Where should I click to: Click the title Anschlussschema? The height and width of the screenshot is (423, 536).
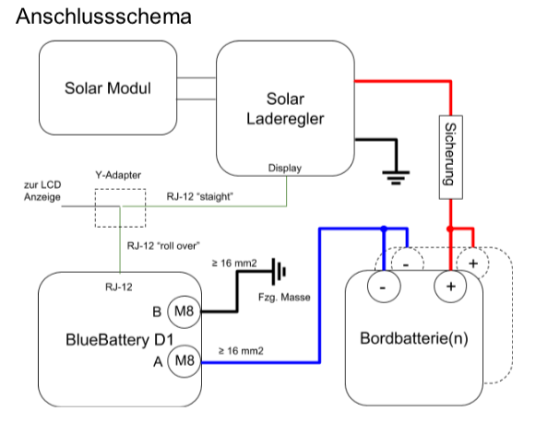click(x=103, y=17)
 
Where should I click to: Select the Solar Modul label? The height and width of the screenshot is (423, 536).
click(x=108, y=88)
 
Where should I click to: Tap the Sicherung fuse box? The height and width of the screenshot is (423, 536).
click(x=450, y=157)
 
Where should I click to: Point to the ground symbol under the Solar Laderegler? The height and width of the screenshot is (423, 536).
click(x=396, y=177)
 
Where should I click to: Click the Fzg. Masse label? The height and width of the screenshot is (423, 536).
click(x=284, y=298)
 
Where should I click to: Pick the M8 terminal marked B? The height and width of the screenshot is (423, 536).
click(x=184, y=311)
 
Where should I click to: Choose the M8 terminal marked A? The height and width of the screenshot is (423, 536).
click(x=184, y=361)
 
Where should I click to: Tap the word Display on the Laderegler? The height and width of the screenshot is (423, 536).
click(x=285, y=168)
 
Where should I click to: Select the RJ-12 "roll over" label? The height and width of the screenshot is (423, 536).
click(x=163, y=246)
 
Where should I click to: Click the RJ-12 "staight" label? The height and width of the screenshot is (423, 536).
click(x=200, y=196)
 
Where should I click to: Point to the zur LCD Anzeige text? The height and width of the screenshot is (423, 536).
click(x=42, y=191)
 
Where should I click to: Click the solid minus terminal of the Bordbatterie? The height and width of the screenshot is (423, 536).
click(x=384, y=286)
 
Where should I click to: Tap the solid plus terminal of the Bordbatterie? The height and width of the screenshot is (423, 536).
click(x=450, y=286)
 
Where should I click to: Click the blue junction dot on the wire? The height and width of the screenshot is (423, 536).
click(x=384, y=229)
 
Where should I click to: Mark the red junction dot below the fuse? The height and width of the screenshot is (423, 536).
click(x=450, y=229)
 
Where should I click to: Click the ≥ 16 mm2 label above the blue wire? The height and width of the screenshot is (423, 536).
click(x=241, y=351)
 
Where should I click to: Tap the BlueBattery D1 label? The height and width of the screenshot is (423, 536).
click(x=120, y=340)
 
